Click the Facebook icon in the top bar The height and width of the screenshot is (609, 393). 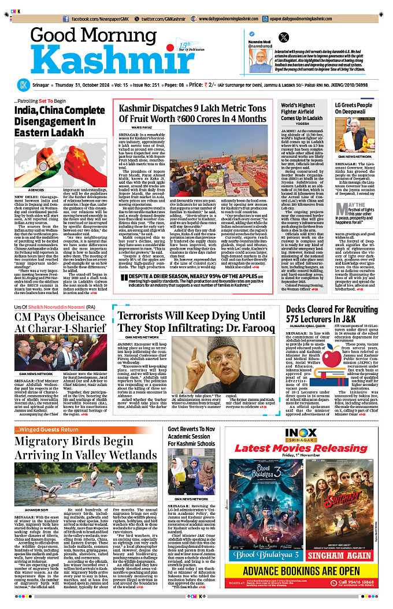pyautogui.click(x=67, y=19)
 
